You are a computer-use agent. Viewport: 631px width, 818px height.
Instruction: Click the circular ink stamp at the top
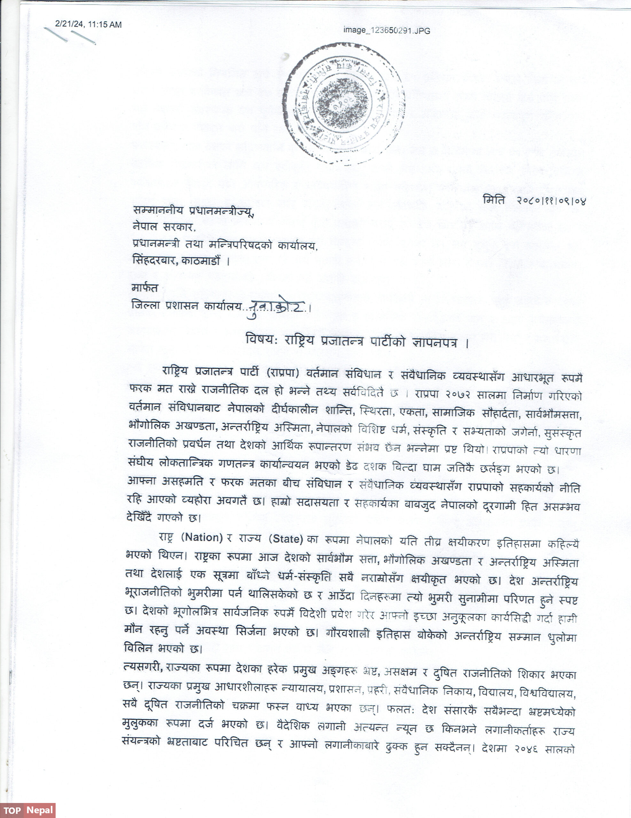pyautogui.click(x=343, y=104)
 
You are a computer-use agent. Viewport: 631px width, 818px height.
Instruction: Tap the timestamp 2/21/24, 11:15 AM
pyautogui.click(x=89, y=24)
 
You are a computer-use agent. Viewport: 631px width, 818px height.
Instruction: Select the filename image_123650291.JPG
pyautogui.click(x=386, y=31)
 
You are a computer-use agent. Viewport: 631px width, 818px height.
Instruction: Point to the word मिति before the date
pyautogui.click(x=494, y=200)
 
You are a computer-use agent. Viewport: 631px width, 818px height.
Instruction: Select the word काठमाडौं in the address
pyautogui.click(x=201, y=261)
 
